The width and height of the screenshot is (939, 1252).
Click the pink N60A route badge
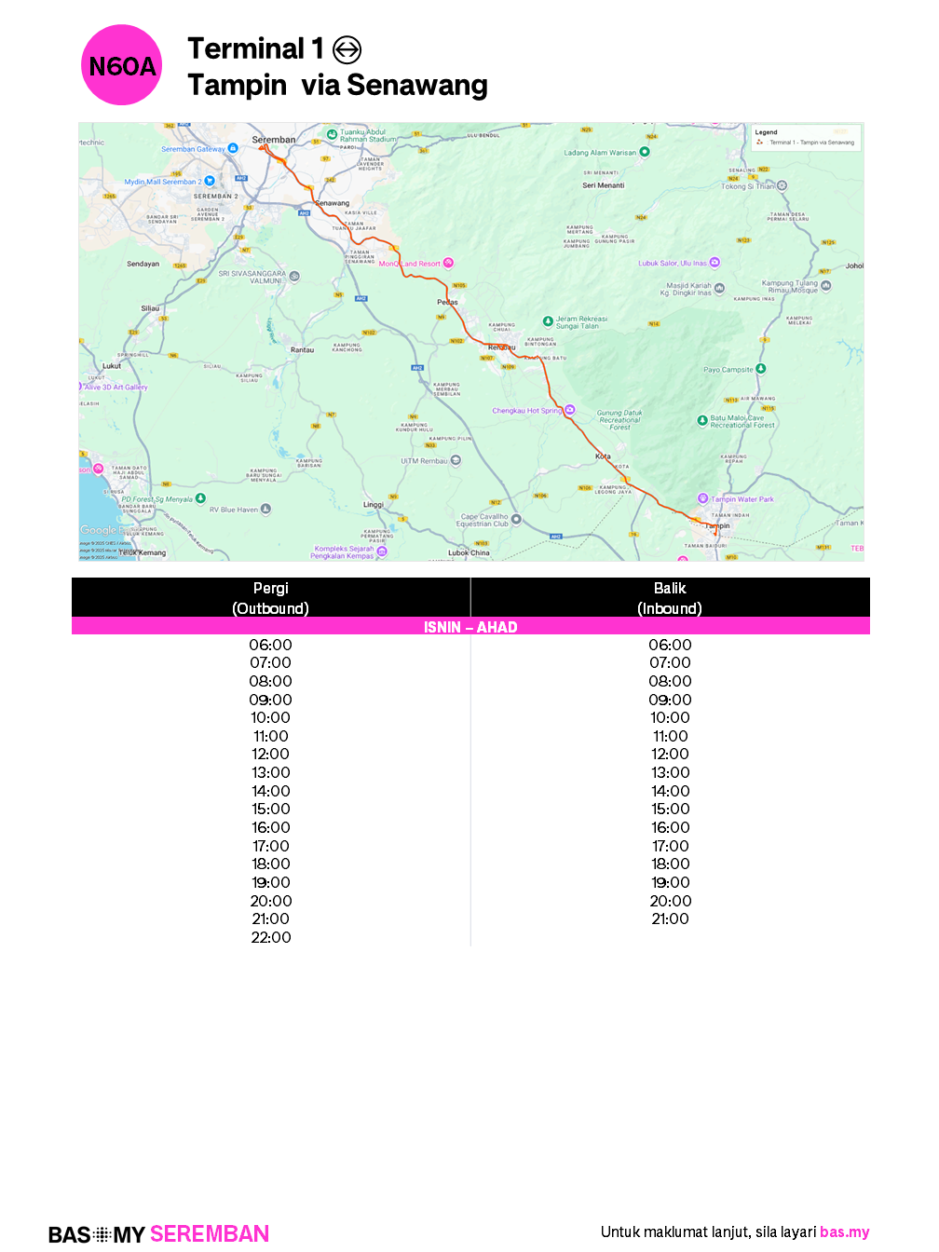122,65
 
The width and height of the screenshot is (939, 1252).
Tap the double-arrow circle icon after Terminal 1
347,49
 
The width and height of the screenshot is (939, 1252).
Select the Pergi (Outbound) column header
270,598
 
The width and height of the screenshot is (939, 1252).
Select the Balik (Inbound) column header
670,598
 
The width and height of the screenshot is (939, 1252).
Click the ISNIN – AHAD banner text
470,627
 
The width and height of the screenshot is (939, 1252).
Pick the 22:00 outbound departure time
271,937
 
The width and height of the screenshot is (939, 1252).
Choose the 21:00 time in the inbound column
671,919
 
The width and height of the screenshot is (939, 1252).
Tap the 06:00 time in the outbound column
270,645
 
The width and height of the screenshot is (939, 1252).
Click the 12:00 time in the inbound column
671,754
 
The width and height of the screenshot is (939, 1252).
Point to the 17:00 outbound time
271,846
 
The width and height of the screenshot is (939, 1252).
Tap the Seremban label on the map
274,140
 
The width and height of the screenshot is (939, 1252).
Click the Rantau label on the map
302,350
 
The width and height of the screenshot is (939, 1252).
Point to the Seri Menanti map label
604,185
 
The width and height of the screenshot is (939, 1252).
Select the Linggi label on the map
373,505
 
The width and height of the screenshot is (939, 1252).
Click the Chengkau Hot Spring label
527,411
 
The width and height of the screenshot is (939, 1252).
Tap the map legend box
807,138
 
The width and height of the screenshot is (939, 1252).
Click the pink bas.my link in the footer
844,1232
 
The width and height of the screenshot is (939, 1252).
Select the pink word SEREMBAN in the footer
210,1234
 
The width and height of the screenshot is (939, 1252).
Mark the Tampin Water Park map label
742,499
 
